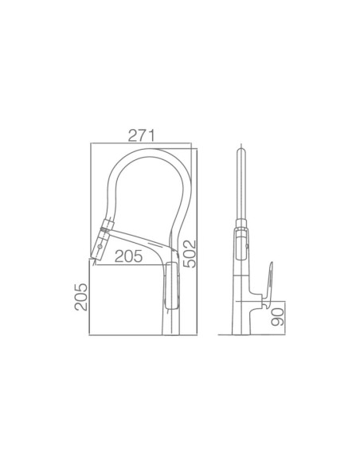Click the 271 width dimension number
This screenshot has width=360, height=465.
[141, 136]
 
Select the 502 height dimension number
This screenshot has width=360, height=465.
[190, 254]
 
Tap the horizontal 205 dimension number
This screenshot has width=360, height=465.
[129, 256]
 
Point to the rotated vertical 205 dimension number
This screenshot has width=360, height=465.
[81, 297]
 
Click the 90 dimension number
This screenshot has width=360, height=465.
[277, 317]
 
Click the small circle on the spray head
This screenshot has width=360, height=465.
[100, 246]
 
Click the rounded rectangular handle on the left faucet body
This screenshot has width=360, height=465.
[172, 286]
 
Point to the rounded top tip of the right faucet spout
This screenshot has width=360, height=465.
[241, 150]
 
